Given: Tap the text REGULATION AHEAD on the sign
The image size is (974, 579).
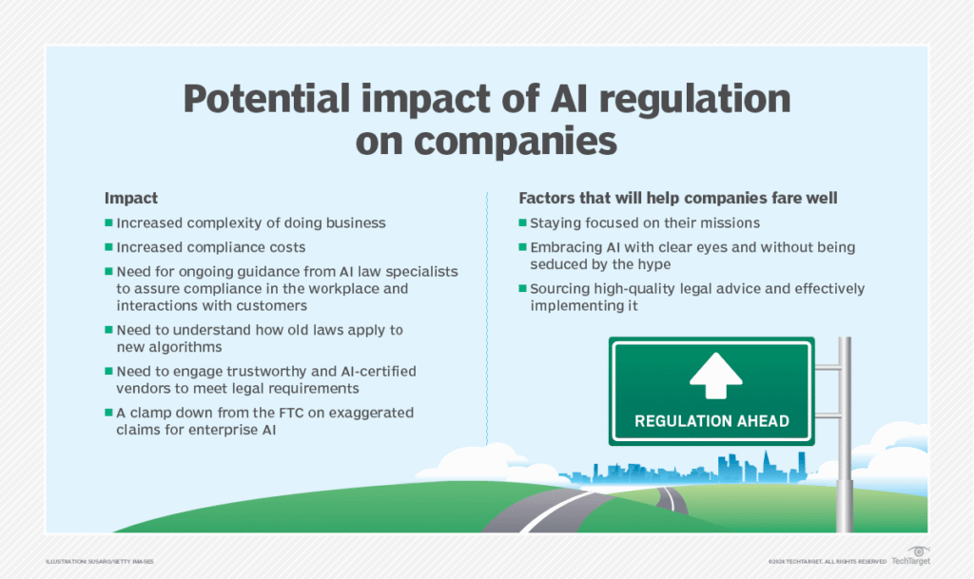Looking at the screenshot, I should pyautogui.click(x=711, y=419).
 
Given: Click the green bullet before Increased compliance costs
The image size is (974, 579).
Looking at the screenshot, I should pyautogui.click(x=109, y=247).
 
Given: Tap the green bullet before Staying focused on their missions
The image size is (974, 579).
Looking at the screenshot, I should pyautogui.click(x=523, y=223).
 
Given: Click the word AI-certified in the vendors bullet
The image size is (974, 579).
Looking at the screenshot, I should pyautogui.click(x=371, y=371).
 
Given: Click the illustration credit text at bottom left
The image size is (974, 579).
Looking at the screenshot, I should pyautogui.click(x=99, y=562).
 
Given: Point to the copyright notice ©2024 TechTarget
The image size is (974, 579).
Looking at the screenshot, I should pyautogui.click(x=827, y=562).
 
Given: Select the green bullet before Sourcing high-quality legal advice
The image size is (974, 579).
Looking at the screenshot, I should pyautogui.click(x=523, y=289).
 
